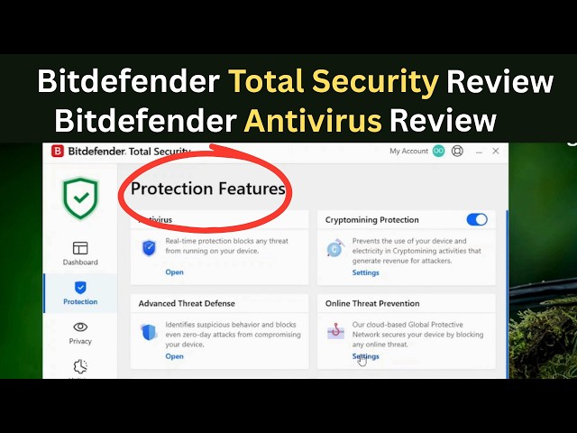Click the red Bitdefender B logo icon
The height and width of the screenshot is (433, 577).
58,152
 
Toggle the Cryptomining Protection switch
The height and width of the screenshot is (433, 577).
477,219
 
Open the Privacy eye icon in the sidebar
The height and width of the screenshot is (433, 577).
80,327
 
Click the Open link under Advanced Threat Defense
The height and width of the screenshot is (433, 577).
174,356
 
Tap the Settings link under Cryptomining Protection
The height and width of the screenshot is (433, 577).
365,272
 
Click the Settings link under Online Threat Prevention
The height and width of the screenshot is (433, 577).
365,356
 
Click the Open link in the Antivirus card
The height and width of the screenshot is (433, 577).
174,272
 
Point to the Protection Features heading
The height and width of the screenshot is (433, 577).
207,189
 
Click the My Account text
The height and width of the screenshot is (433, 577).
408,152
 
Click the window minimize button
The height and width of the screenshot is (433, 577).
479,152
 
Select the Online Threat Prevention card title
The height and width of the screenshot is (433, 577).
372,304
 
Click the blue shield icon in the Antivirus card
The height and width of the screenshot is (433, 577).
150,248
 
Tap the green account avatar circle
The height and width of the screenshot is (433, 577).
438,152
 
